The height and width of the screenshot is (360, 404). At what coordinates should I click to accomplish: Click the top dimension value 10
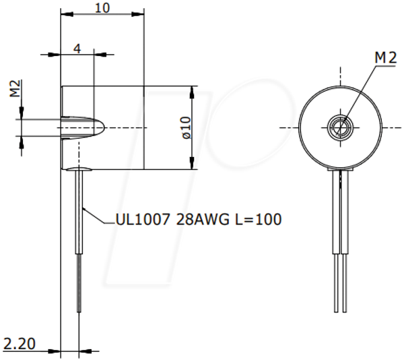tap(102, 8)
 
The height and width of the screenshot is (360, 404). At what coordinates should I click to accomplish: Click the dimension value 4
tap(77, 49)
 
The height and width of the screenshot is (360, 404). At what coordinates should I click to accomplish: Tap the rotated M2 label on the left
tap(15, 88)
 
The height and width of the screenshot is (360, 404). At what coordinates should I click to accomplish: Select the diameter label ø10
tap(187, 127)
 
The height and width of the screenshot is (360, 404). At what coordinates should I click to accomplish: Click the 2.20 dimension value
tap(20, 344)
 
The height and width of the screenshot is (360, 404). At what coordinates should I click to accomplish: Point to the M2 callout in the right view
tap(385, 58)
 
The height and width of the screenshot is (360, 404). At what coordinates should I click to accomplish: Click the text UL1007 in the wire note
tap(143, 220)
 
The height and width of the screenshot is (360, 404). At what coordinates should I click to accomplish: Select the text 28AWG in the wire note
tap(203, 220)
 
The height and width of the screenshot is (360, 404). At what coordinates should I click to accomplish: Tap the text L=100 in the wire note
tap(259, 220)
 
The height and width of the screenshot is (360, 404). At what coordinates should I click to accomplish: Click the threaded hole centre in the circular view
tap(340, 127)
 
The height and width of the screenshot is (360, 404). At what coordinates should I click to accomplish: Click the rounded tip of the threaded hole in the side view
tap(102, 127)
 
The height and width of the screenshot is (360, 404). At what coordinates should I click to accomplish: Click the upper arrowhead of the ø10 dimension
tap(192, 92)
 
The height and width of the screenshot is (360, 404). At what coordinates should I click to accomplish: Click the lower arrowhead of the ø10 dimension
tap(192, 163)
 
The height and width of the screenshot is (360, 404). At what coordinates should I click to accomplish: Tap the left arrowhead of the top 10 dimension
tap(67, 14)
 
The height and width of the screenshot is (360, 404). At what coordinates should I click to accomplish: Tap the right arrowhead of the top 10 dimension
tap(137, 14)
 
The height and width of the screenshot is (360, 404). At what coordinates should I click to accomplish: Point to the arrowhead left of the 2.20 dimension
tap(54, 351)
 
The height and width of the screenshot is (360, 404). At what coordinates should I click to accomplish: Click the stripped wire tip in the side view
tap(79, 283)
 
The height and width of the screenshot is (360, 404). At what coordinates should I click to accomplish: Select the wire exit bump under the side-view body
tap(79, 169)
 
